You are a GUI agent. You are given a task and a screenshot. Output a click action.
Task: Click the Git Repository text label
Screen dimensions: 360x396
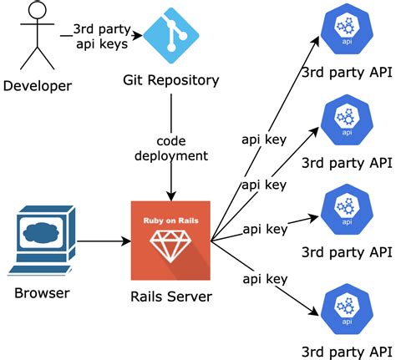tap(171, 81)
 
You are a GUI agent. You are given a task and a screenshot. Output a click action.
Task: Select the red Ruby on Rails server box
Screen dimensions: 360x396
tap(172, 239)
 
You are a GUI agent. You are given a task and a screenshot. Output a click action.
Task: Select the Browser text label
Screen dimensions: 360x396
tap(41, 293)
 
